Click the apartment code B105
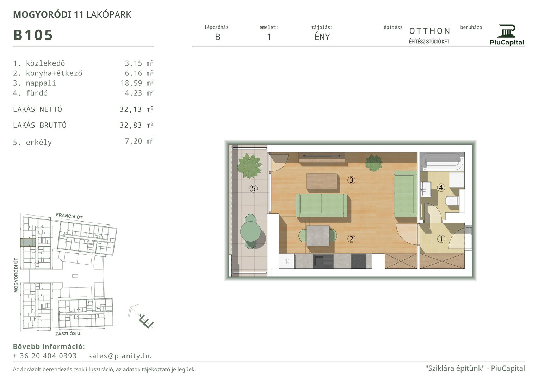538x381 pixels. click(33, 35)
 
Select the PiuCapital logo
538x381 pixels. click(507, 35)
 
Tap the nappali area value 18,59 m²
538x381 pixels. click(137, 83)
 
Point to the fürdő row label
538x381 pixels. click(30, 93)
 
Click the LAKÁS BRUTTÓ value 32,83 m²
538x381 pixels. click(137, 125)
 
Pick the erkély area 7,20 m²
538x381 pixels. click(139, 141)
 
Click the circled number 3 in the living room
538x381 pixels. click(351, 180)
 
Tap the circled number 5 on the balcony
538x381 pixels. click(254, 188)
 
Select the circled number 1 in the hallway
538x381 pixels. click(441, 239)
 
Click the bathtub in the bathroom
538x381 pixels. click(442, 162)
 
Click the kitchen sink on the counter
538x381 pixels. click(323, 261)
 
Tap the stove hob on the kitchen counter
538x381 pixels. click(359, 261)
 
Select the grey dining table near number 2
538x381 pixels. click(318, 236)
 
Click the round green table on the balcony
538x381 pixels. click(251, 231)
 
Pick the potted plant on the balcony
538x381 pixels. click(249, 166)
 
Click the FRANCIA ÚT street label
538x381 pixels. click(69, 216)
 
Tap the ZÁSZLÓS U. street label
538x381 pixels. click(68, 334)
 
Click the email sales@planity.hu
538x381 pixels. click(120, 356)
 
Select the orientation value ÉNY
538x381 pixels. click(322, 37)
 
